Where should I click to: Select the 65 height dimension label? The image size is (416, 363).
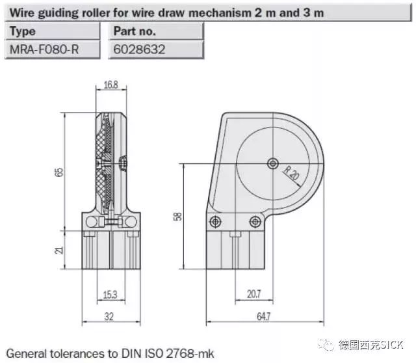tap(60, 172)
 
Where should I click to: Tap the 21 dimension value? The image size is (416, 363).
tap(60, 249)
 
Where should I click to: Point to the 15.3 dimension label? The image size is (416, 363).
tap(110, 295)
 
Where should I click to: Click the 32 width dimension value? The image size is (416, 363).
tap(110, 316)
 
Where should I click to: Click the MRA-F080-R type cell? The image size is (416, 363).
tap(44, 49)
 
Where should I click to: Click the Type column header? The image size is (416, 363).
tap(23, 31)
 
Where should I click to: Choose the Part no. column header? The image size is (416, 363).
tap(135, 31)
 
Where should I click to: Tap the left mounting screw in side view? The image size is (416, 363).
tap(214, 223)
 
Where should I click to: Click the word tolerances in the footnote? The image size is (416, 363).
tap(79, 354)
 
